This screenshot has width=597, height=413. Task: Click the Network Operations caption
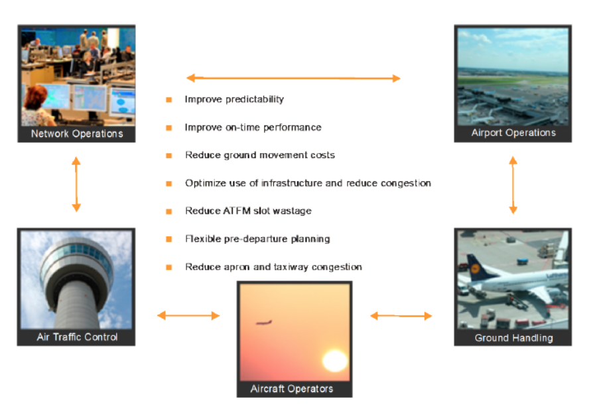point(77,133)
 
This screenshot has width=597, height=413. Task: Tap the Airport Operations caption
point(513,133)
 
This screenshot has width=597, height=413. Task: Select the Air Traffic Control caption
point(77,337)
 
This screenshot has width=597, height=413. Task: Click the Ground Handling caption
point(513,337)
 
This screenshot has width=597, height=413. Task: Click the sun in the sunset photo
point(334,361)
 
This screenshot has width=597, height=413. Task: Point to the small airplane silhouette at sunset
point(264,323)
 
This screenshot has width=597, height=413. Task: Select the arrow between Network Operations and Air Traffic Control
point(76,185)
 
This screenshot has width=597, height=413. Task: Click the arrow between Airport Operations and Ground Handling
point(513,185)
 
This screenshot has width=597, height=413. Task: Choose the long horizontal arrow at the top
point(293,78)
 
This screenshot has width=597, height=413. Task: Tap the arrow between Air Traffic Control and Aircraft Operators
point(188,315)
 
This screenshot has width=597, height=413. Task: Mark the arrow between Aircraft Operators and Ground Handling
point(401,316)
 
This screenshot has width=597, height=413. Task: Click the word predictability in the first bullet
point(253,100)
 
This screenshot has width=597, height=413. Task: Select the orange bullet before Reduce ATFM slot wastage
point(169,211)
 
